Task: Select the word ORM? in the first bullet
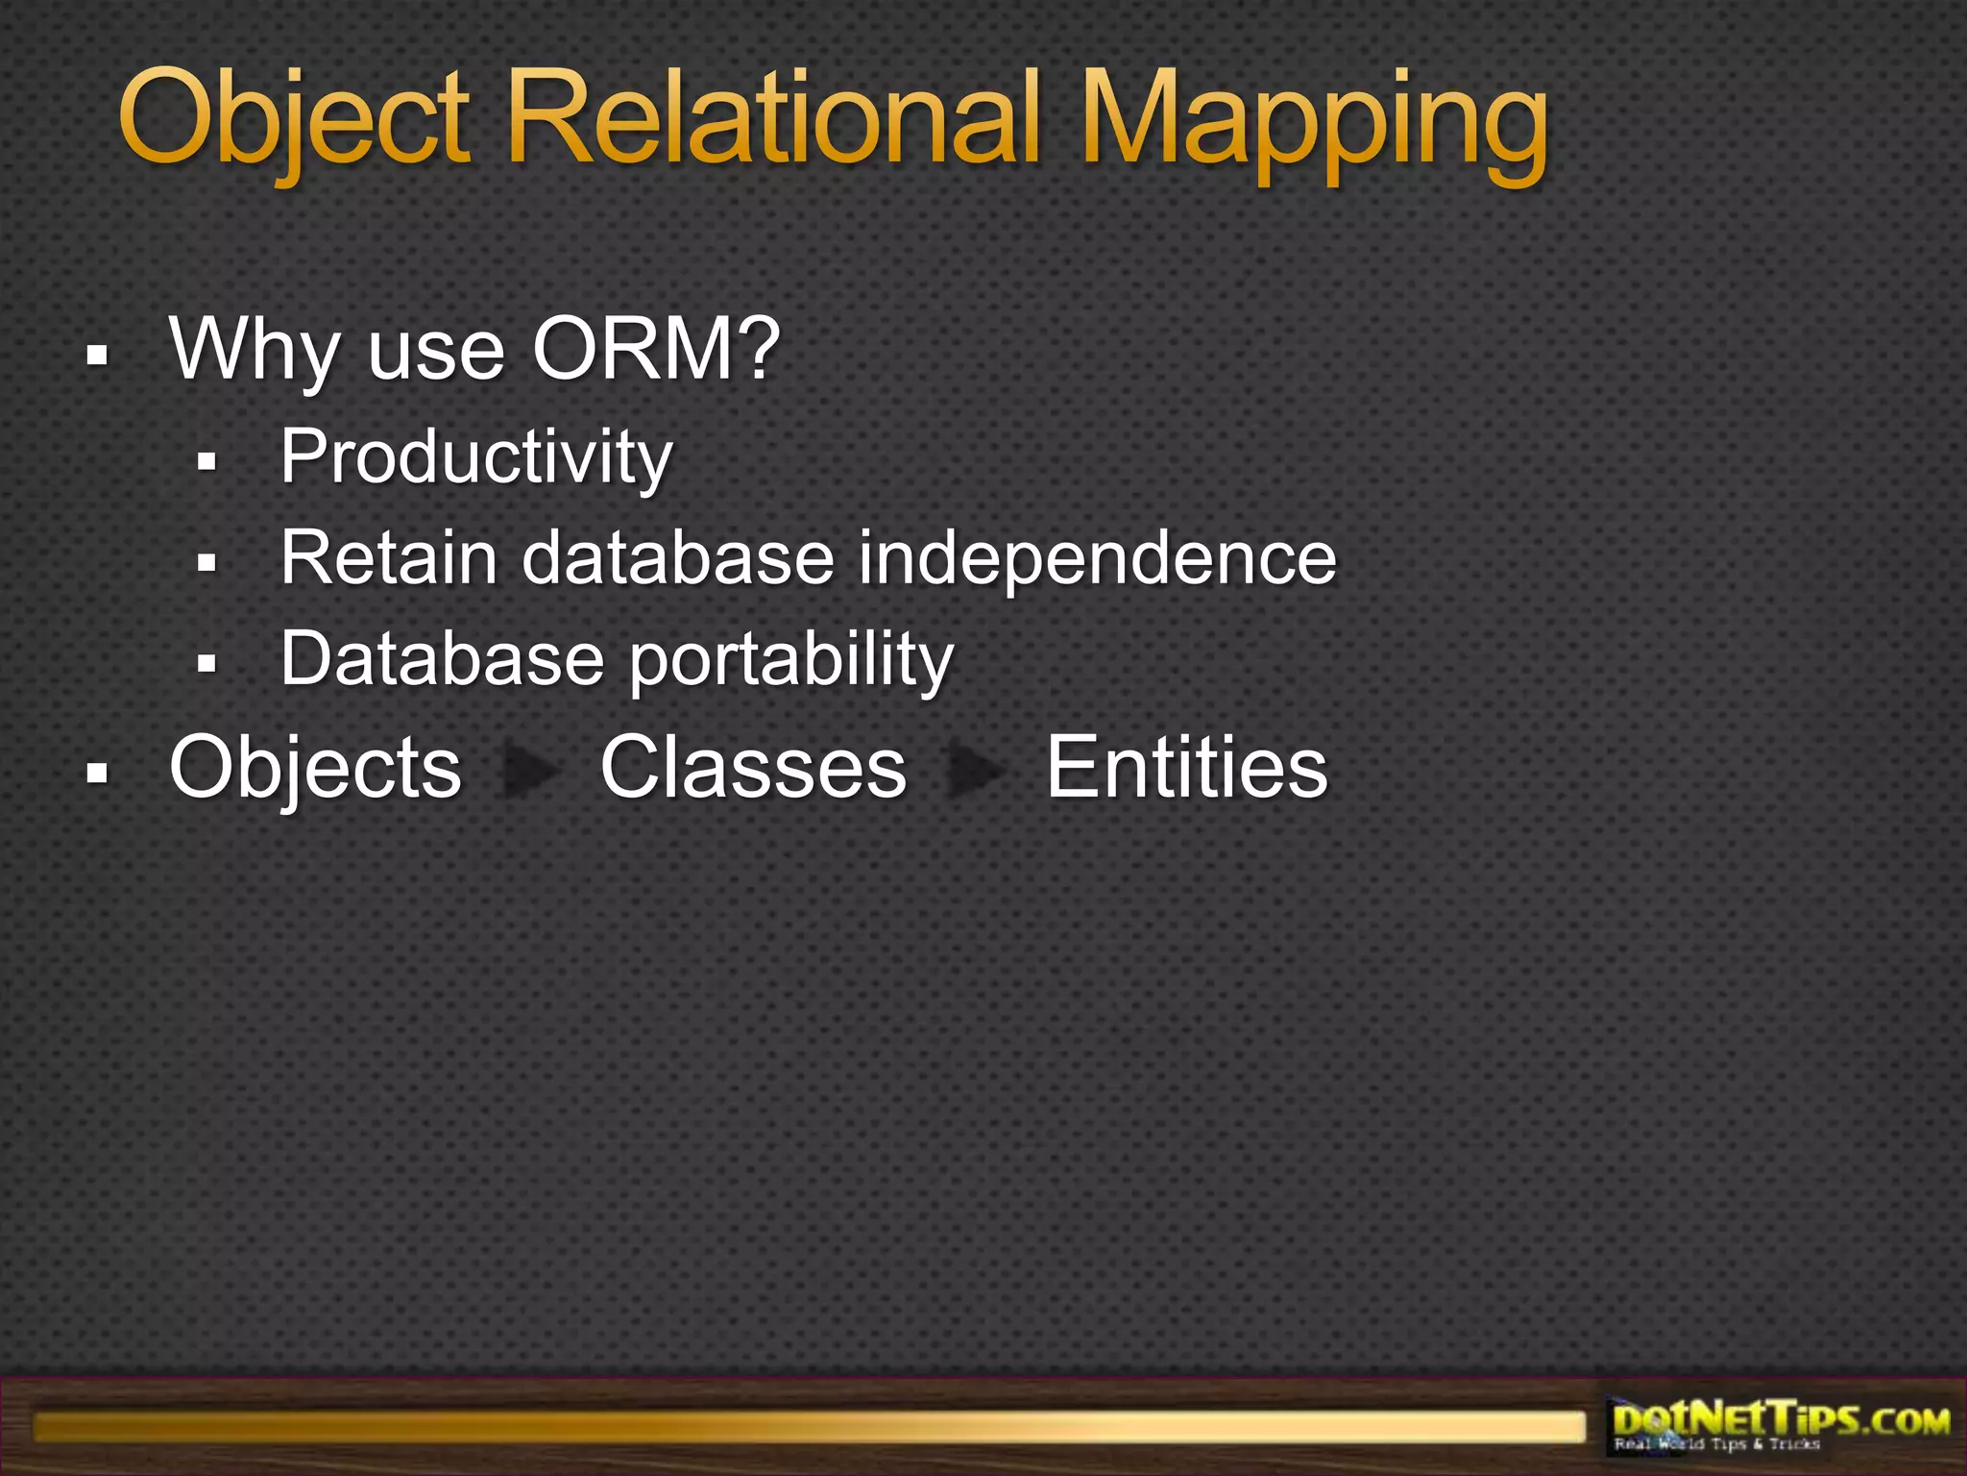pyautogui.click(x=657, y=351)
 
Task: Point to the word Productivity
pyautogui.click(x=476, y=457)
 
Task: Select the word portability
pyautogui.click(x=791, y=661)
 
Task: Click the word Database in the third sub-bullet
pyautogui.click(x=442, y=659)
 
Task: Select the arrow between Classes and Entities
pyautogui.click(x=975, y=771)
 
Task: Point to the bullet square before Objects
pyautogui.click(x=96, y=773)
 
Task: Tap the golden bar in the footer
pyautogui.click(x=807, y=1427)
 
